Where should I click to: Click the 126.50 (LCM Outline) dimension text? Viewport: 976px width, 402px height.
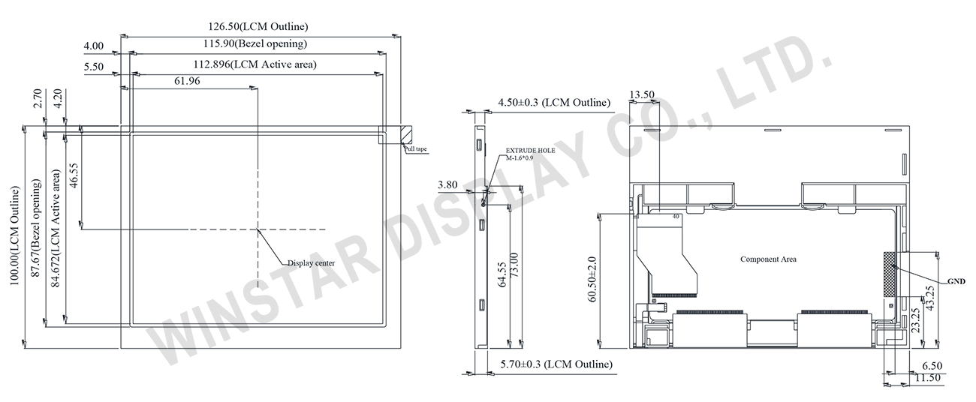(x=252, y=26)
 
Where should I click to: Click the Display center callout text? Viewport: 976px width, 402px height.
(x=311, y=262)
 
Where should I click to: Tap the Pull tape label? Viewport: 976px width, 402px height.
(x=415, y=149)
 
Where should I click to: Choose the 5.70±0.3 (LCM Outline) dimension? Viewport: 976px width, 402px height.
(x=555, y=364)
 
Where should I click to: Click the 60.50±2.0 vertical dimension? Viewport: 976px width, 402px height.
(x=593, y=280)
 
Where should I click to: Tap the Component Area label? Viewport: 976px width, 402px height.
(x=768, y=259)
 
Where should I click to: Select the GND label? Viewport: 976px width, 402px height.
(x=956, y=281)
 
